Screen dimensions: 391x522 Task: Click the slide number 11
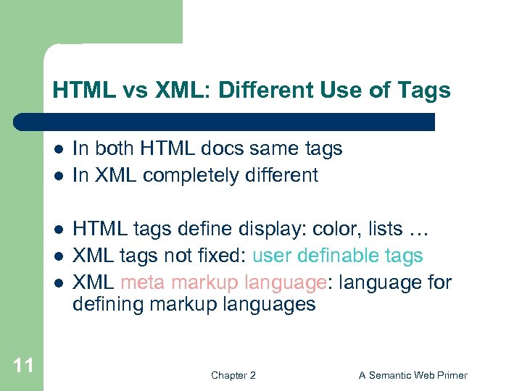pos(23,365)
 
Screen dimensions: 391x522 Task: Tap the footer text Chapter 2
pos(233,375)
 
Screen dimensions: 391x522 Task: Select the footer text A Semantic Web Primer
pos(413,375)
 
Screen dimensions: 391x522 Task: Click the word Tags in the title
pos(424,91)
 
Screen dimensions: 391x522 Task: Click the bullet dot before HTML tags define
pos(59,230)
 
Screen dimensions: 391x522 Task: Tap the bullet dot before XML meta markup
pos(59,282)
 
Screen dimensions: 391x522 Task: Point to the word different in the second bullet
pos(282,175)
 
